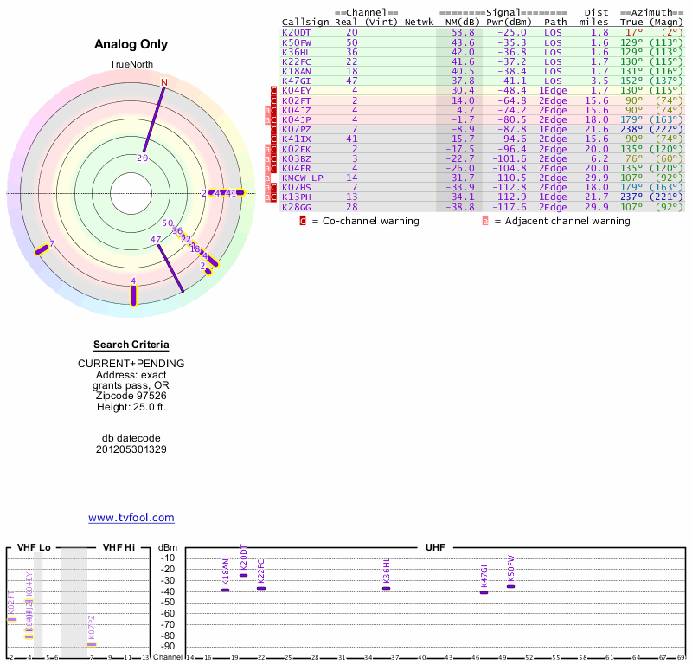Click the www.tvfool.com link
click(131, 518)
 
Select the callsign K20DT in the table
click(297, 32)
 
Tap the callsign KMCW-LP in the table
click(302, 178)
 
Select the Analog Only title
click(131, 44)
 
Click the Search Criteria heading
click(131, 345)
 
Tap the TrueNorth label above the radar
click(131, 65)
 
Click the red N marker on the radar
click(163, 83)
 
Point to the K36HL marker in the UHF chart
click(387, 588)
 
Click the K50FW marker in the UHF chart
click(510, 586)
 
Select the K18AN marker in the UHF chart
click(226, 589)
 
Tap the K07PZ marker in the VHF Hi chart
click(92, 644)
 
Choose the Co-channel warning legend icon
click(303, 221)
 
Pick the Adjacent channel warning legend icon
click(485, 221)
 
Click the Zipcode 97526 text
click(131, 396)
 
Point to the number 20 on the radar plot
click(143, 158)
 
